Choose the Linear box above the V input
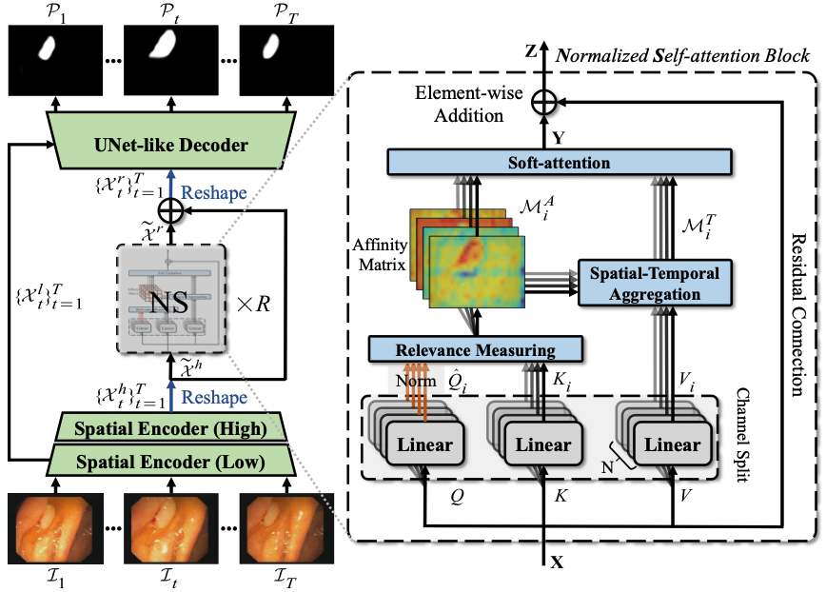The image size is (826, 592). pyautogui.click(x=673, y=444)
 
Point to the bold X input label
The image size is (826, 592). pyautogui.click(x=557, y=562)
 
